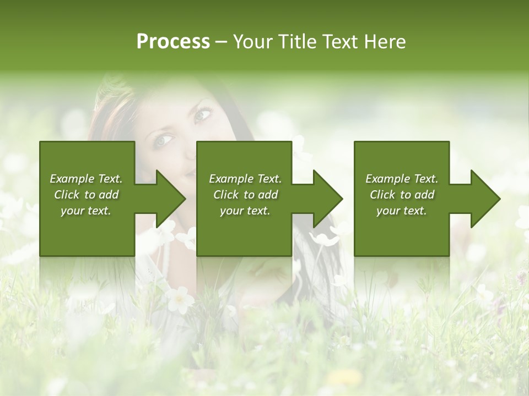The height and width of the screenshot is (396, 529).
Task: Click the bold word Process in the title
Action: click(x=173, y=42)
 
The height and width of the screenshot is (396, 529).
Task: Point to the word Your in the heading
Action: click(x=254, y=42)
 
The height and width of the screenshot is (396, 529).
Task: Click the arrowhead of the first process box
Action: click(x=168, y=199)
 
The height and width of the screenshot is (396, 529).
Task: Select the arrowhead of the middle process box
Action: click(x=325, y=199)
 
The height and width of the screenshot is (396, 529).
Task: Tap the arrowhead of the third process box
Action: click(x=483, y=199)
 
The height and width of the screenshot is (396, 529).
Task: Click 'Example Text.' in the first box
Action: click(x=86, y=179)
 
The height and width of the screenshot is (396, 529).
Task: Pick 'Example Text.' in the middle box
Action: click(x=245, y=179)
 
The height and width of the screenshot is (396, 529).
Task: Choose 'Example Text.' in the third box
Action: click(x=402, y=179)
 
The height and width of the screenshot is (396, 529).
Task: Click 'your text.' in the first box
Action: click(x=86, y=211)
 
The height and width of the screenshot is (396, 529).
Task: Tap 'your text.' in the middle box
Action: click(x=245, y=211)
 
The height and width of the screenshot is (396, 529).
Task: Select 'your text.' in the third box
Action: click(x=402, y=211)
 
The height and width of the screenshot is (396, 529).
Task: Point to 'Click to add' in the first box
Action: click(x=86, y=195)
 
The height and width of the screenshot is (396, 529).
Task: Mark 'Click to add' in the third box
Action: click(x=402, y=195)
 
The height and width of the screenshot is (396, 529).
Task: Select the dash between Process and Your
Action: click(x=222, y=42)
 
